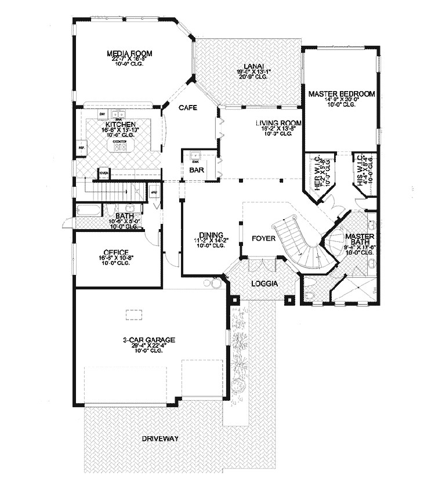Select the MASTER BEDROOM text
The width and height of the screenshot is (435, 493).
coord(342,93)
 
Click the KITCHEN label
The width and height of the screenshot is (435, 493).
coord(121,125)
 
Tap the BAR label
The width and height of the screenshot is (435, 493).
coord(194,171)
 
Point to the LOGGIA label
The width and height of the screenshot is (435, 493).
coord(263,284)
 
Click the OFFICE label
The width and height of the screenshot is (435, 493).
coord(116,252)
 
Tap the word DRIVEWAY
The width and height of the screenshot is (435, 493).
coord(159,439)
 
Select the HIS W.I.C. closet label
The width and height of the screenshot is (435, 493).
coord(360,168)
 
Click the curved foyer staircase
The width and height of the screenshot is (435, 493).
coord(296,244)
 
